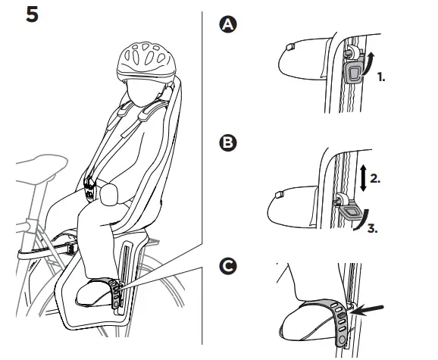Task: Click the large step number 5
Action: click(x=32, y=14)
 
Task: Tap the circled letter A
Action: click(x=228, y=24)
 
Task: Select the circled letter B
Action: click(x=228, y=143)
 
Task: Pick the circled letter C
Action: click(x=228, y=267)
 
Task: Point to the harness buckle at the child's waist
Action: click(x=90, y=188)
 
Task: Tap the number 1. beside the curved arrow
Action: click(x=381, y=77)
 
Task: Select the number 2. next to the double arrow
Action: click(x=375, y=178)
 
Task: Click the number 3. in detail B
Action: click(x=373, y=228)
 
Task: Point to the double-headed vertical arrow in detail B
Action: click(x=363, y=178)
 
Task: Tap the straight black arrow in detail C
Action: click(x=366, y=310)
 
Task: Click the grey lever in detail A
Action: click(x=353, y=72)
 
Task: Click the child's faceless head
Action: click(x=142, y=92)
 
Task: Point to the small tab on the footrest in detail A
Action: click(x=290, y=47)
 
